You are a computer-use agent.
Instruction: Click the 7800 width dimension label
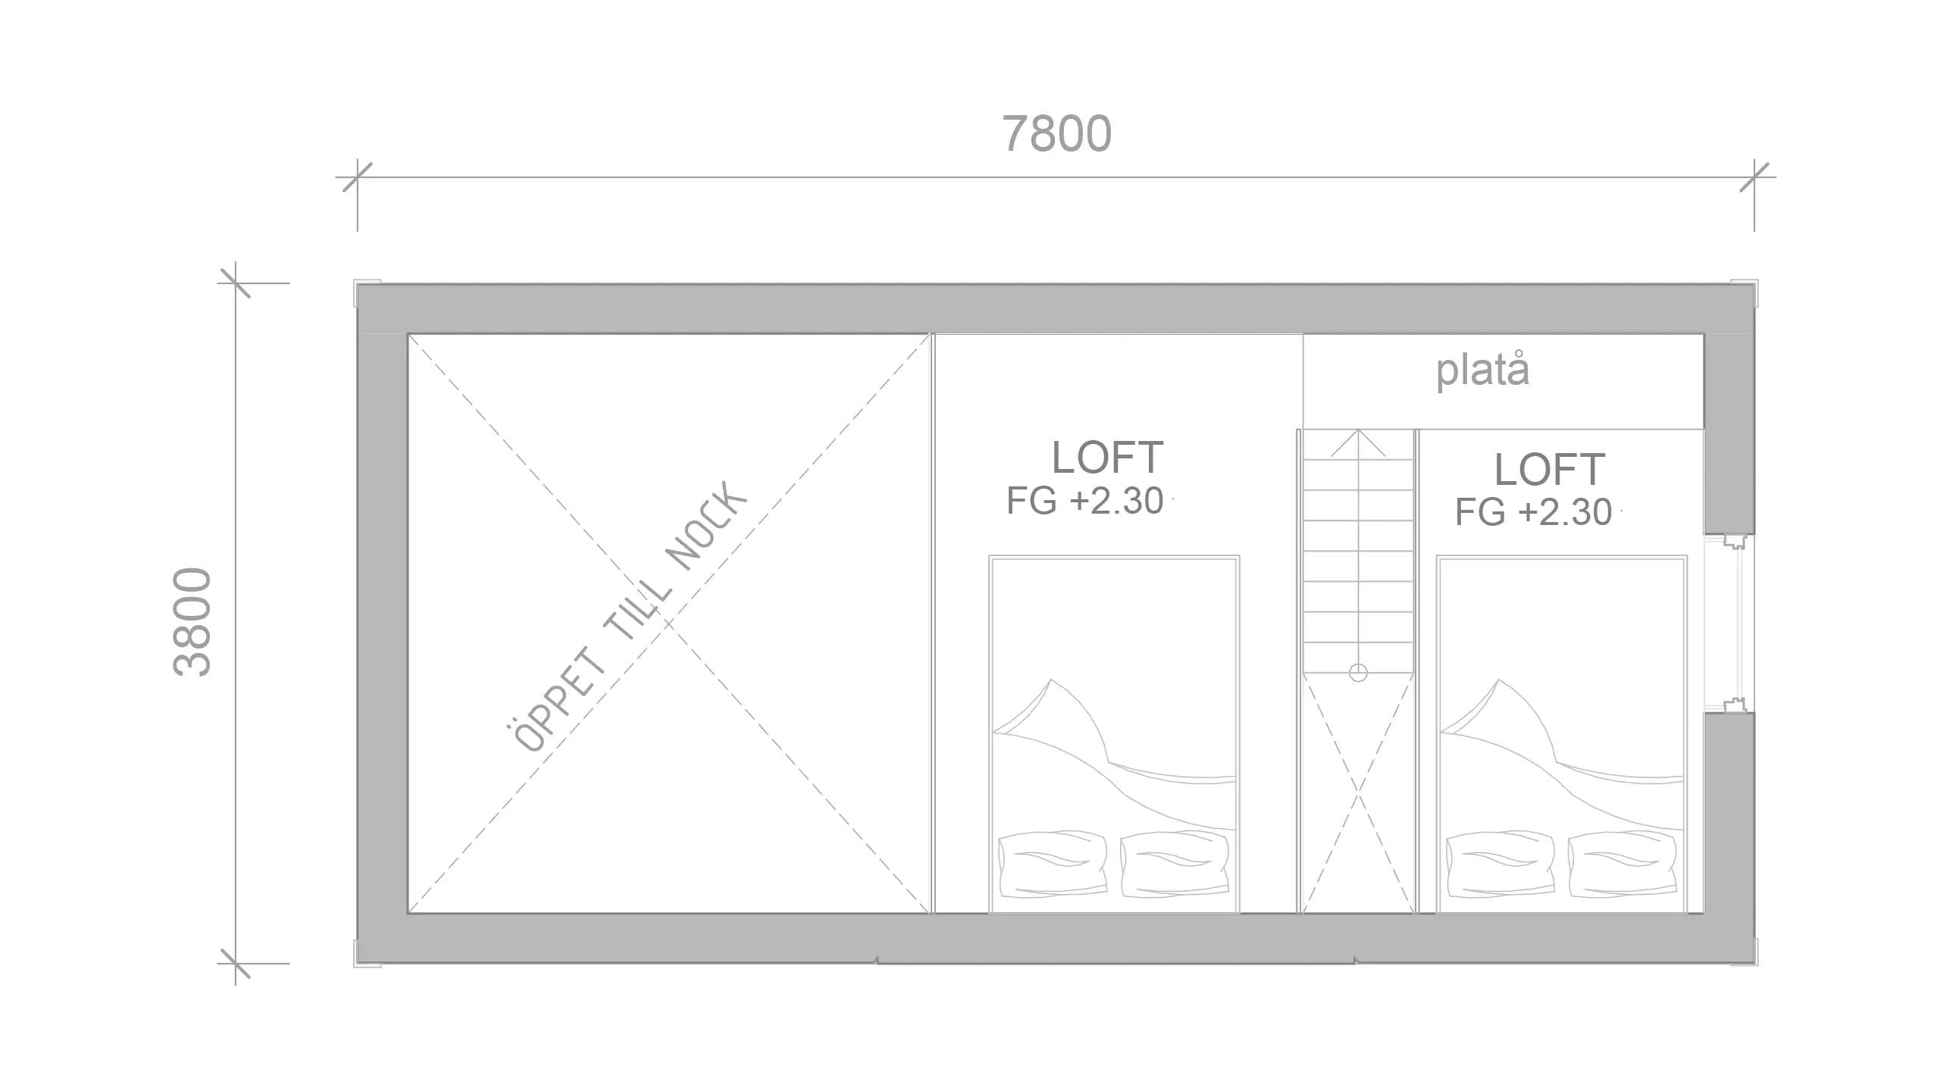click(1057, 134)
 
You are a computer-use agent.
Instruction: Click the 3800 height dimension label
click(192, 621)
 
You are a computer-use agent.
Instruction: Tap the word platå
click(1482, 371)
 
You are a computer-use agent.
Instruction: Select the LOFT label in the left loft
click(1107, 457)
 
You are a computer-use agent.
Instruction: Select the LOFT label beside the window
click(1549, 469)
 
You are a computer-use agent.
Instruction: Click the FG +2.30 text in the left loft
click(1084, 501)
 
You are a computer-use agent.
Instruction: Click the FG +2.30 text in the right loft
click(1533, 512)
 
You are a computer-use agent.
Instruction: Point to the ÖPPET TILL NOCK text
click(627, 617)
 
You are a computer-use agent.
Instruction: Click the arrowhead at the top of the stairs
click(1358, 439)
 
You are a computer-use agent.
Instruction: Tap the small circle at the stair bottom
click(1358, 672)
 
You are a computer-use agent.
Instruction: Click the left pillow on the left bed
click(1053, 864)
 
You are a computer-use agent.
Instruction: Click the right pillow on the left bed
click(1174, 864)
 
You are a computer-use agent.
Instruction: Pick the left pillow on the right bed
click(1500, 864)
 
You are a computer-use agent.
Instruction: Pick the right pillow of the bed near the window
click(1621, 864)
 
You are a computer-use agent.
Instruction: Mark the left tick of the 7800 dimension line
click(357, 177)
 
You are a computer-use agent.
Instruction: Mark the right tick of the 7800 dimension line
click(1754, 177)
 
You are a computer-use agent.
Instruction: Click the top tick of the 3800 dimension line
click(235, 283)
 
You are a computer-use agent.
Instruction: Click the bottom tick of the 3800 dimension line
click(235, 964)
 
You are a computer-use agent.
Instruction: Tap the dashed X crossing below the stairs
click(1358, 796)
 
